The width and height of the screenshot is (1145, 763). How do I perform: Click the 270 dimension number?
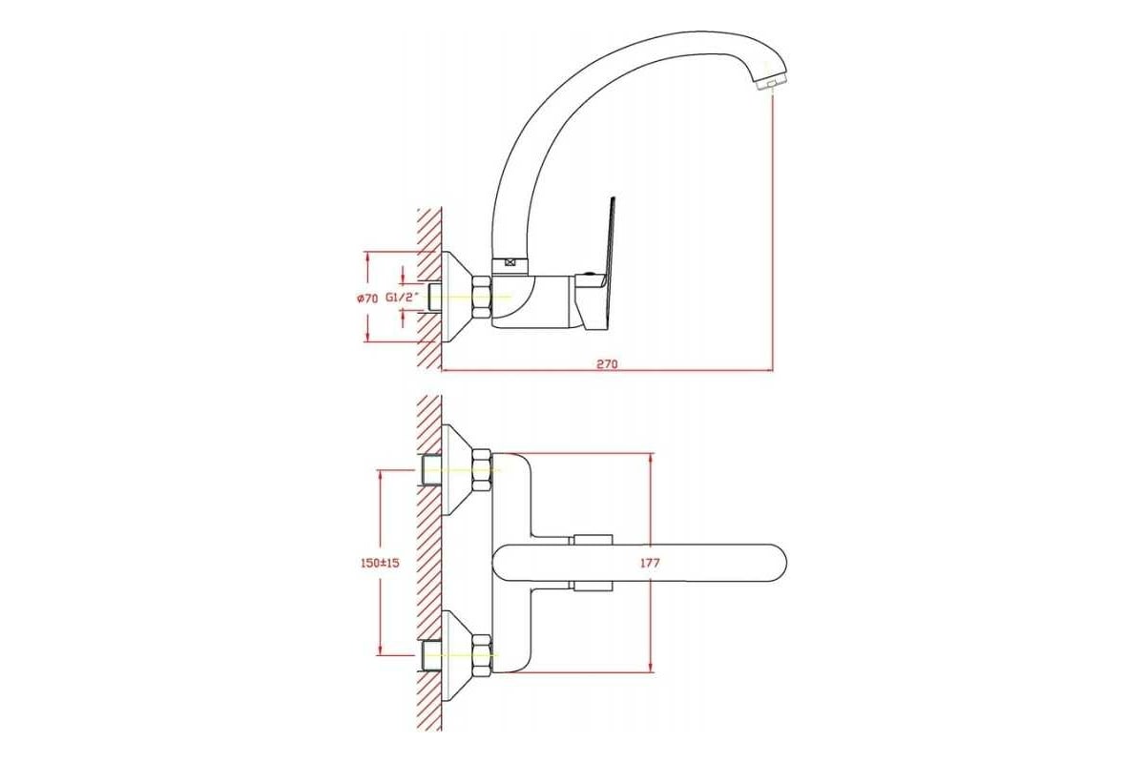[607, 364]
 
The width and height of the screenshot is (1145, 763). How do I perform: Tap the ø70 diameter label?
[367, 299]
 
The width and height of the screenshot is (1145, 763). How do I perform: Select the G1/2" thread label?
[403, 298]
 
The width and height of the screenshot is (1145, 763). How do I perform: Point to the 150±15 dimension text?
[380, 563]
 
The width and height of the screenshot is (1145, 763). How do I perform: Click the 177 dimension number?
[650, 563]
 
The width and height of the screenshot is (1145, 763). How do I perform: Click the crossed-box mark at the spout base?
[510, 263]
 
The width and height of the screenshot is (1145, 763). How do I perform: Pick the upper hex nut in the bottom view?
[482, 470]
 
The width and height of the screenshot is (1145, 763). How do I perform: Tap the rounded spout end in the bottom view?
[772, 563]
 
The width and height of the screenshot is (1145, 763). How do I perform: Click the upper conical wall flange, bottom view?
[457, 470]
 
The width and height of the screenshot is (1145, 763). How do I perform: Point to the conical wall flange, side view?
[457, 297]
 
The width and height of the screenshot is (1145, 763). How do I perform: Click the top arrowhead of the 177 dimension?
[651, 459]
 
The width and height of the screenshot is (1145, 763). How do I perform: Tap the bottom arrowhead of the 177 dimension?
[651, 667]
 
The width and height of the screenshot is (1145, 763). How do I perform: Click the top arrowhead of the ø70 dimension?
[367, 258]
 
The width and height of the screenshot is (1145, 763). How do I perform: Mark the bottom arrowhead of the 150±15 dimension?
[380, 650]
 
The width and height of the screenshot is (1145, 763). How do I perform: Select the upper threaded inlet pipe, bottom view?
[430, 470]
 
